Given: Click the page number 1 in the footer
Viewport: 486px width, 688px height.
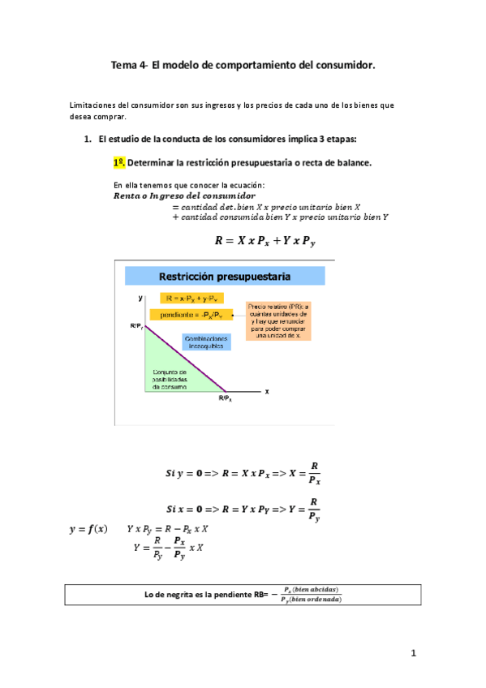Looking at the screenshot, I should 413,653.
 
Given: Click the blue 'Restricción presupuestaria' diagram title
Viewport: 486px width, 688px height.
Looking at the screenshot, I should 225,277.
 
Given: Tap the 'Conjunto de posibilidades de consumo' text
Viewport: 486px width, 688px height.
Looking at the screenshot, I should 172,379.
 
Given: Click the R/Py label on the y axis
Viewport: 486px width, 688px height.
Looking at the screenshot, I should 135,326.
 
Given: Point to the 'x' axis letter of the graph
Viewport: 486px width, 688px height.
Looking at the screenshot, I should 266,390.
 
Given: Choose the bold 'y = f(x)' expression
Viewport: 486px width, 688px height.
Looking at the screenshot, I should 88,530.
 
